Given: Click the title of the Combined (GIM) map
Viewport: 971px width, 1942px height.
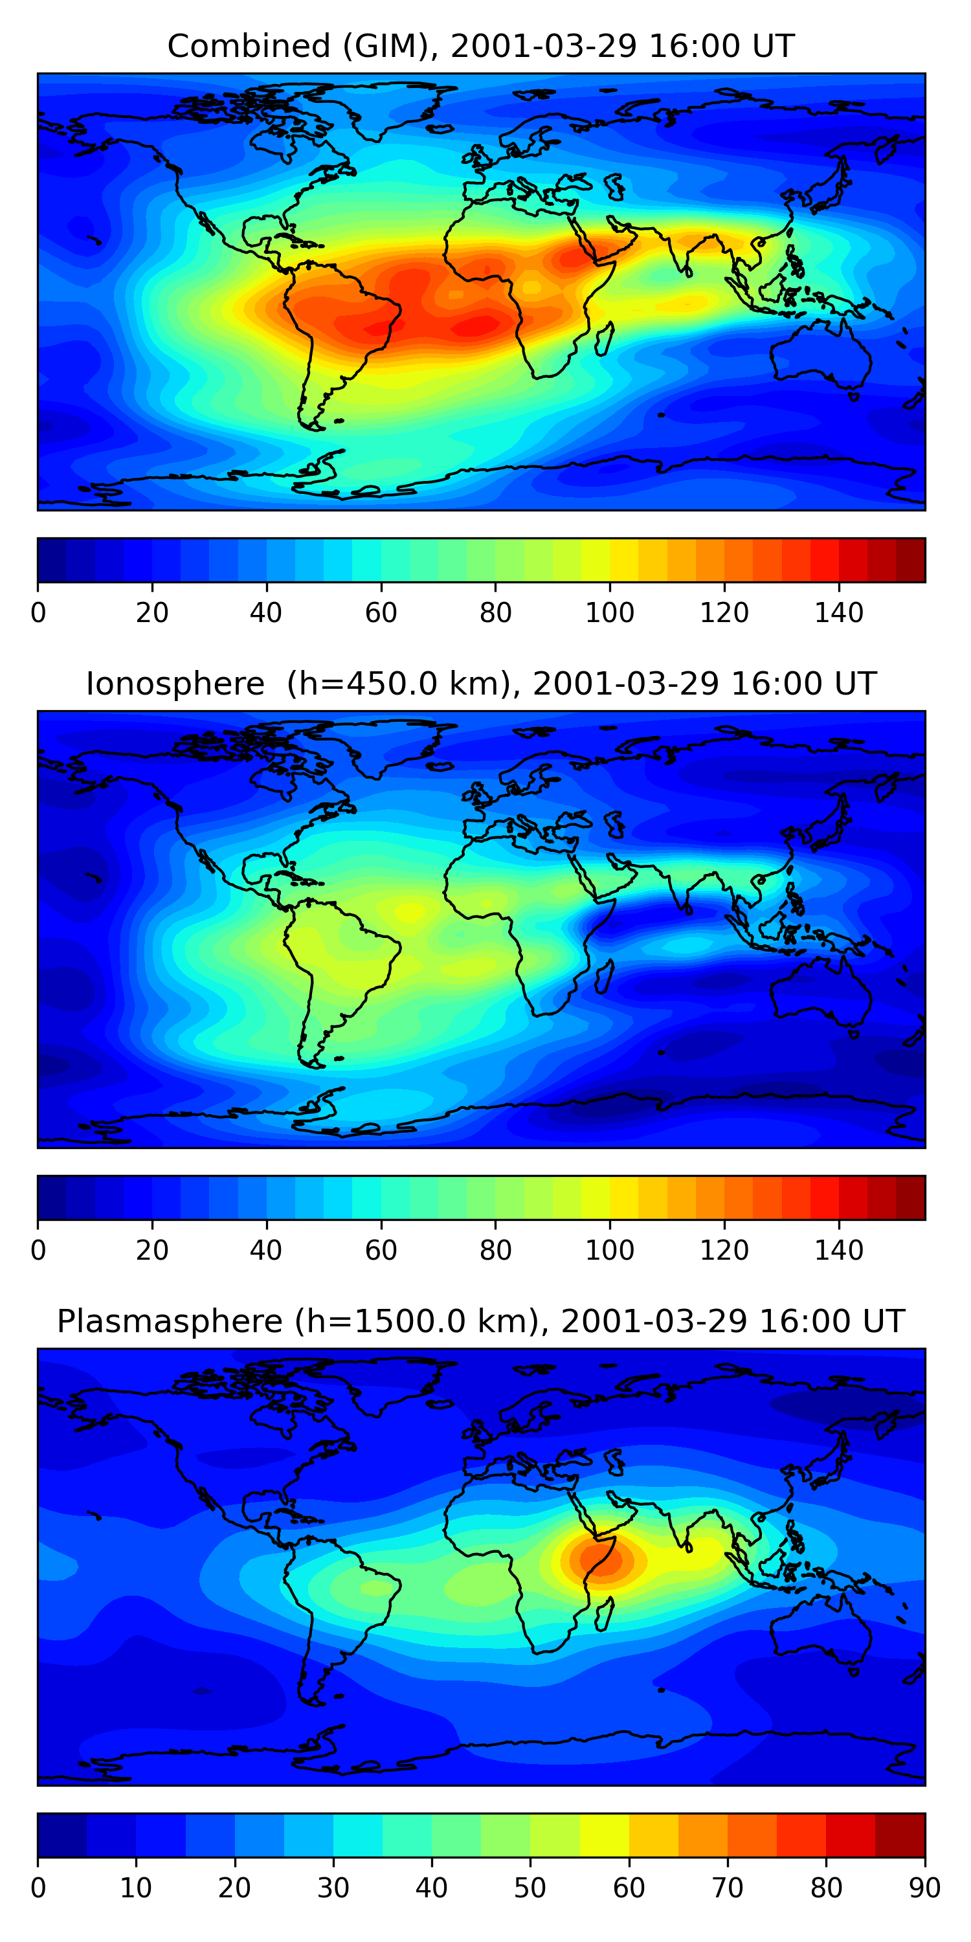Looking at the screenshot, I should [480, 46].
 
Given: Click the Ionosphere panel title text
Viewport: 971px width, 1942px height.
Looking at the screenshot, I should [480, 684].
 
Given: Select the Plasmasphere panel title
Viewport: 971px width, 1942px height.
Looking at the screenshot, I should [480, 1322].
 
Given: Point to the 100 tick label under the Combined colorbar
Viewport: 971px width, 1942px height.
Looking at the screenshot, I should [609, 613].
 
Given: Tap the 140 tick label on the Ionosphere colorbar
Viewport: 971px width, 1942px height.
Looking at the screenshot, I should [838, 1251].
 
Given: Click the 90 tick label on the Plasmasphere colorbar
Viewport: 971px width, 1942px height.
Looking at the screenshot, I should [924, 1888].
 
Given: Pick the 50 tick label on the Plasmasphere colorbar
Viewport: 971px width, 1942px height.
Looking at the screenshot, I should [530, 1888].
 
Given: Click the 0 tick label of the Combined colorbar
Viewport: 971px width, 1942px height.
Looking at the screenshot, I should [38, 613].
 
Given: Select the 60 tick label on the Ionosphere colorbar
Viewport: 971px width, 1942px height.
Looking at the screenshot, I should [381, 1251].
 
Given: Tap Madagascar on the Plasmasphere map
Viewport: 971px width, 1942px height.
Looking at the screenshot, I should [603, 1614].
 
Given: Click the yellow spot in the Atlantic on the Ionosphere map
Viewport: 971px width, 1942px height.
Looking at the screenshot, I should [411, 911].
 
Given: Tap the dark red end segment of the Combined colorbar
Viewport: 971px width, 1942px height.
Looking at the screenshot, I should [911, 560].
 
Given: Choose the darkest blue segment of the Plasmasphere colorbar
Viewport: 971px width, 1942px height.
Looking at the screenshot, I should [61, 1835].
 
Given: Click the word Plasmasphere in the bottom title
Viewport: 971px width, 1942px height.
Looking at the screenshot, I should [169, 1322].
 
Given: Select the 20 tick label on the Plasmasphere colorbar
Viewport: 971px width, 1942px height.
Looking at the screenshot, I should [234, 1888].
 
